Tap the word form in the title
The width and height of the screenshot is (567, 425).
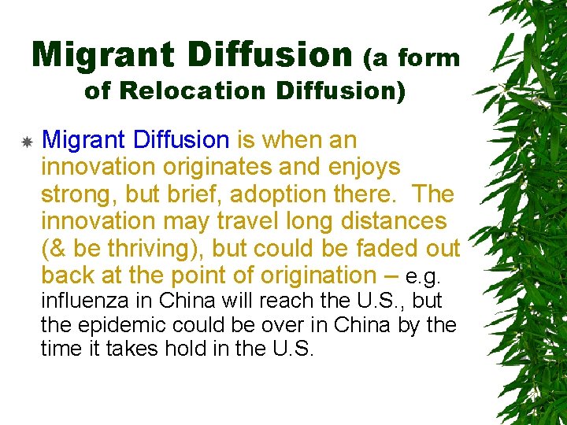pos(429,57)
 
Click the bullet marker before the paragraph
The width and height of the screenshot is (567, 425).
pos(26,142)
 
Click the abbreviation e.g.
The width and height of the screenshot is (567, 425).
pos(424,277)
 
